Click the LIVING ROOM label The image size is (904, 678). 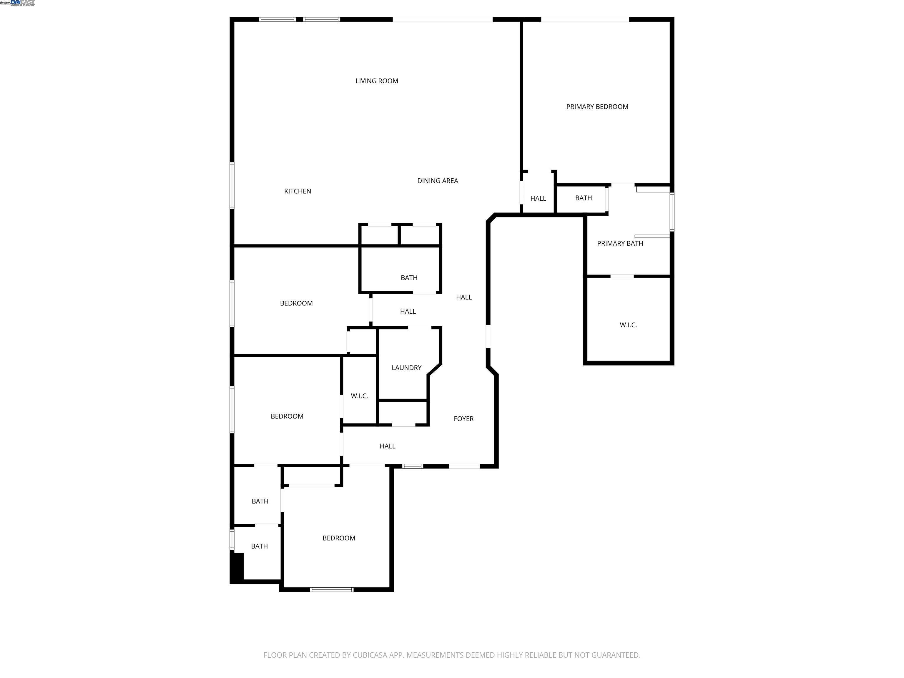click(376, 81)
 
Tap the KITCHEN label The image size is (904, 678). click(298, 191)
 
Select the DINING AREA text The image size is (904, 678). click(437, 181)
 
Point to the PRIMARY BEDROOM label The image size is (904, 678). click(597, 107)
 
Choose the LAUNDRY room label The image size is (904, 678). click(406, 368)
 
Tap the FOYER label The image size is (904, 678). click(463, 419)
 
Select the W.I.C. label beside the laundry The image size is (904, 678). click(359, 396)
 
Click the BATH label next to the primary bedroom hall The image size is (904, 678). click(583, 198)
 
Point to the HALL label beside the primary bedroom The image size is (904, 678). click(538, 199)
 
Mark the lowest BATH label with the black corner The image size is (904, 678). click(259, 546)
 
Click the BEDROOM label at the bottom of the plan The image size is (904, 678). click(338, 538)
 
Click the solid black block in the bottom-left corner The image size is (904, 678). click(237, 567)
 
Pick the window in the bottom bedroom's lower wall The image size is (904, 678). click(331, 589)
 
